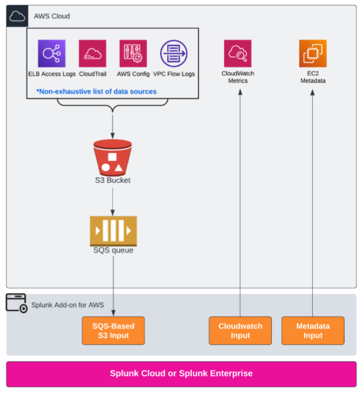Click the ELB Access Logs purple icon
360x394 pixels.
click(51, 54)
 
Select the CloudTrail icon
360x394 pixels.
click(92, 54)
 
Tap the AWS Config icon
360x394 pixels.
click(133, 54)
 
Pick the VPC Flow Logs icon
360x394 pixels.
click(173, 54)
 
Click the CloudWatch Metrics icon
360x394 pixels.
click(237, 54)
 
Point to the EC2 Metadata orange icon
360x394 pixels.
click(313, 54)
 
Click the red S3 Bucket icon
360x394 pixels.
click(112, 158)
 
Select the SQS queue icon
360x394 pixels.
click(113, 231)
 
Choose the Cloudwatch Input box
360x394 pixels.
click(240, 331)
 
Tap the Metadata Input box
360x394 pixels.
click(313, 331)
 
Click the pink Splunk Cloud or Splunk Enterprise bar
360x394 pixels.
click(181, 374)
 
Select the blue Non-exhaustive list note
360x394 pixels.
click(96, 91)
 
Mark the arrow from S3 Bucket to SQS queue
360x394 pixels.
click(113, 199)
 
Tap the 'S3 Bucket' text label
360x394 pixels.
click(112, 180)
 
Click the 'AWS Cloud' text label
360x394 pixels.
click(52, 17)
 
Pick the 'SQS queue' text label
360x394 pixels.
click(113, 250)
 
